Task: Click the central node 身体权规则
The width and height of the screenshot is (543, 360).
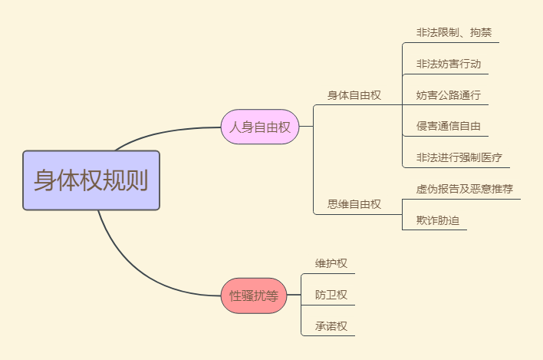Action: pos(91,180)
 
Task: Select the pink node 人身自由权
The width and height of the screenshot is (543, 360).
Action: pos(260,127)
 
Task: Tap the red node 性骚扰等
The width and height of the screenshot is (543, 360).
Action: pos(254,295)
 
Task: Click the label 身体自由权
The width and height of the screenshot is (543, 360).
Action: pos(354,95)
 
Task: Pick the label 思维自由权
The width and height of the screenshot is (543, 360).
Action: pos(354,204)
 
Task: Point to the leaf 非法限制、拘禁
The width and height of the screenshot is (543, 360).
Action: pos(453,33)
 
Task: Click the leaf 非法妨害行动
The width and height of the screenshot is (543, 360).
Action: pos(448,64)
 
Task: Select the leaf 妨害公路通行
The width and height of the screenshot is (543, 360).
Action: pos(448,95)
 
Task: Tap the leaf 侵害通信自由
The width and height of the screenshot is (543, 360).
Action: pos(448,127)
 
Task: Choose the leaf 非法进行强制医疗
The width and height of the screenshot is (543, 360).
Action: pos(459,157)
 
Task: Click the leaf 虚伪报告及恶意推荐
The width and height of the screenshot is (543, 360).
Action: pos(464,189)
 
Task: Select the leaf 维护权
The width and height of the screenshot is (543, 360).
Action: pos(331,263)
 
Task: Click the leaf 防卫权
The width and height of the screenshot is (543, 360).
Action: pos(331,295)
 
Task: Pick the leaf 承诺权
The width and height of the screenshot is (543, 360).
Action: pos(331,325)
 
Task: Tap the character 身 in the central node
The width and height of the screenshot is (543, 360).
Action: pos(44,180)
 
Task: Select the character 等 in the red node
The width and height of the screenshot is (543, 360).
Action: pos(271,295)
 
